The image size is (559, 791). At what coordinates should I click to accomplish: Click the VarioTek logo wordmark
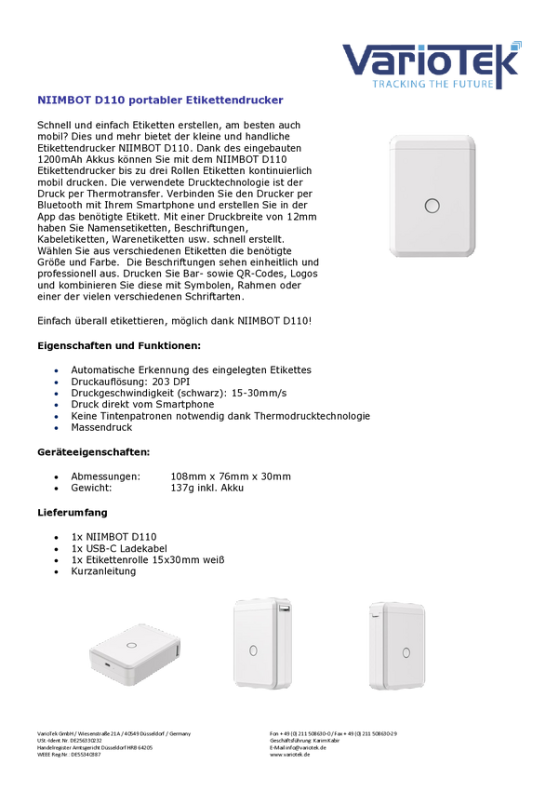[x=431, y=60]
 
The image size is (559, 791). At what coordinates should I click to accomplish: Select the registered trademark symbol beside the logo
[x=518, y=43]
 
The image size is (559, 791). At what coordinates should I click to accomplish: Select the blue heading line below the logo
[x=160, y=100]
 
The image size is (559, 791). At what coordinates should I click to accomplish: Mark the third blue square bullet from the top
[x=56, y=394]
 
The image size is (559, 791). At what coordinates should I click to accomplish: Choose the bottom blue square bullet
[x=56, y=428]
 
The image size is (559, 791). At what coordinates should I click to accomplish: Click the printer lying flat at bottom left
[x=136, y=654]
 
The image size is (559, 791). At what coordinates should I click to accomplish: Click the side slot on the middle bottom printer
[x=281, y=610]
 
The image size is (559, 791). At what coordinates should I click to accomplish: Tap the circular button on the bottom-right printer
[x=405, y=651]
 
